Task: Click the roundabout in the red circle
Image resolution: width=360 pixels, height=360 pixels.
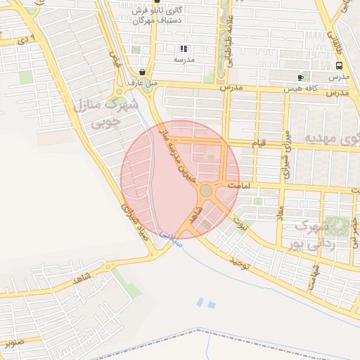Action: (x=206, y=190)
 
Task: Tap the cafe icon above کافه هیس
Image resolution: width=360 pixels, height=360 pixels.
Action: (x=300, y=77)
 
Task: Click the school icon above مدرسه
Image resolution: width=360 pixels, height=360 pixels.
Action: (x=184, y=49)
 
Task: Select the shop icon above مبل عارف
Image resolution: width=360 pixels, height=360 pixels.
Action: (x=143, y=72)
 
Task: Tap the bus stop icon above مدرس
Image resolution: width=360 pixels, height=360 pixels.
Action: (x=340, y=64)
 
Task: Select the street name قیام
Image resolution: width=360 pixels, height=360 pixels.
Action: (x=259, y=143)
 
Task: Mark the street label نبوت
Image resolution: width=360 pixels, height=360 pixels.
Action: (x=240, y=217)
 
